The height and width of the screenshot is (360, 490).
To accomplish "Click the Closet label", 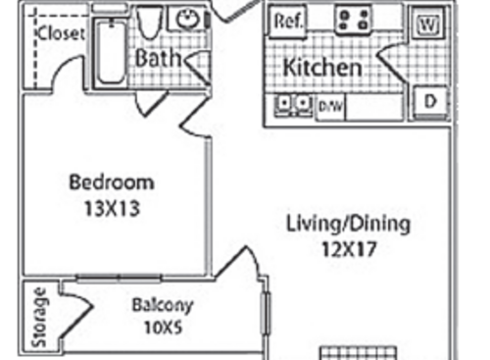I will (61, 33).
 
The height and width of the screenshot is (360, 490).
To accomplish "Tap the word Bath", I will (157, 58).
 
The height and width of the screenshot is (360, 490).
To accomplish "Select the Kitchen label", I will (322, 69).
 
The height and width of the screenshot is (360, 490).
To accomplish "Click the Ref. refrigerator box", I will (288, 21).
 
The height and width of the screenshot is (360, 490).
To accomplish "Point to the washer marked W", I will (427, 22).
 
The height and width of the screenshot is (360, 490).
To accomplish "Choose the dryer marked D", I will (429, 101).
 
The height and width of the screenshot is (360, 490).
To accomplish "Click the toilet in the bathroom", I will (149, 22).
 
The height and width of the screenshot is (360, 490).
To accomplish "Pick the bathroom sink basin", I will (185, 19).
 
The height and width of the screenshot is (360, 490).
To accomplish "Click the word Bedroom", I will (111, 181).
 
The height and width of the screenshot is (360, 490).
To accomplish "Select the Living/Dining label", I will (348, 223).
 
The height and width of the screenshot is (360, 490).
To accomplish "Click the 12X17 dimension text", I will (348, 249).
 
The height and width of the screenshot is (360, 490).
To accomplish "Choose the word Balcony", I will (162, 304).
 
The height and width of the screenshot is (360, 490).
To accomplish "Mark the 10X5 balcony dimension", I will (162, 327).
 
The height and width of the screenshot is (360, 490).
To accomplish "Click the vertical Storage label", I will (39, 317).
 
